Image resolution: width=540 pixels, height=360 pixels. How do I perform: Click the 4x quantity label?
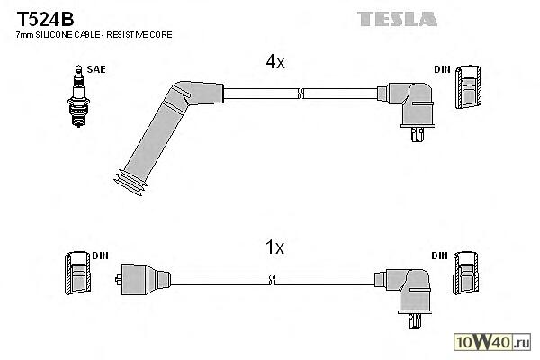click(274, 62)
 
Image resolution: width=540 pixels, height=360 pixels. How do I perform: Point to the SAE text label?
click(94, 68)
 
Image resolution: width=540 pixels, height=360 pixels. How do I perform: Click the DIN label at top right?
click(442, 68)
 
